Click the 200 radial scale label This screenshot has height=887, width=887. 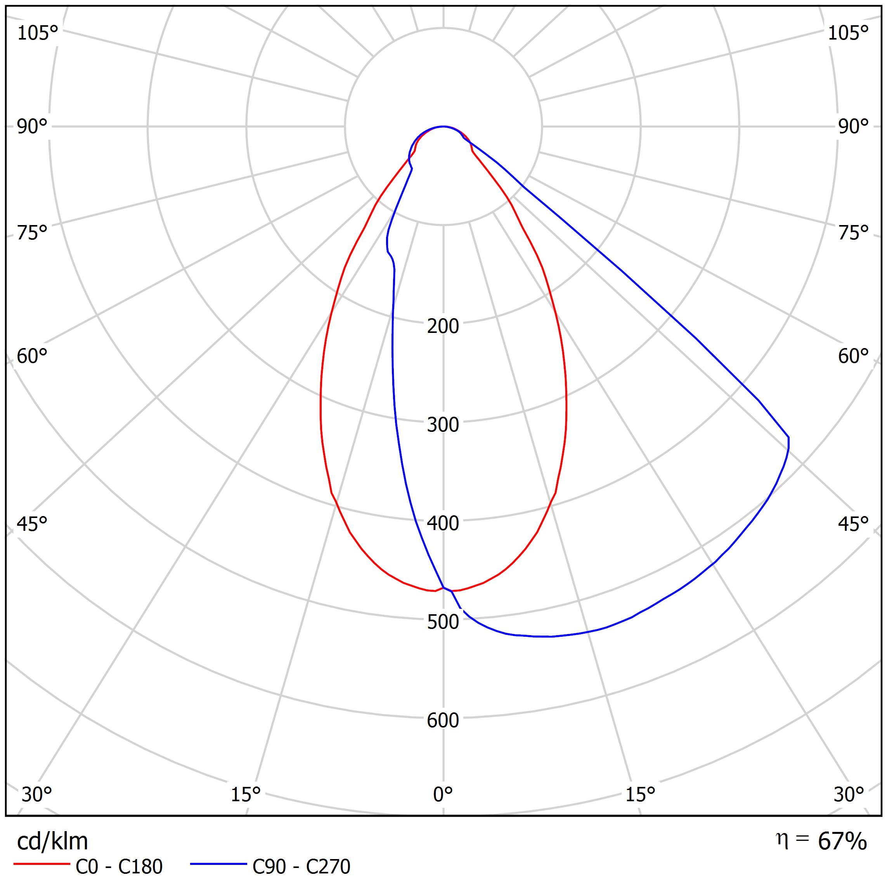pyautogui.click(x=443, y=326)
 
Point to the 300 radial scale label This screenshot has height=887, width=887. pyautogui.click(x=443, y=425)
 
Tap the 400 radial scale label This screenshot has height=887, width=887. pyautogui.click(x=443, y=523)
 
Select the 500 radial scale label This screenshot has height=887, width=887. pyautogui.click(x=443, y=622)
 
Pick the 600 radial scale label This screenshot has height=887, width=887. pyautogui.click(x=443, y=720)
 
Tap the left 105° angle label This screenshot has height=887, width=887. pyautogui.click(x=38, y=33)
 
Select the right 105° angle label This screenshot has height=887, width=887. pyautogui.click(x=848, y=33)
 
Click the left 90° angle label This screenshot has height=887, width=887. pyautogui.click(x=32, y=127)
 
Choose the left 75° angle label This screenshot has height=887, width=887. pyautogui.click(x=32, y=233)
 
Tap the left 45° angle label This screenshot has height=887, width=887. pyautogui.click(x=32, y=524)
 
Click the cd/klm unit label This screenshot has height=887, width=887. pyautogui.click(x=52, y=842)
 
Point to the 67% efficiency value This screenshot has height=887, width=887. pyautogui.click(x=842, y=842)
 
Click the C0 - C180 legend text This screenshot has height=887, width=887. pyautogui.click(x=119, y=866)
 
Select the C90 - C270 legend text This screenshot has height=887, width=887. pyautogui.click(x=301, y=866)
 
